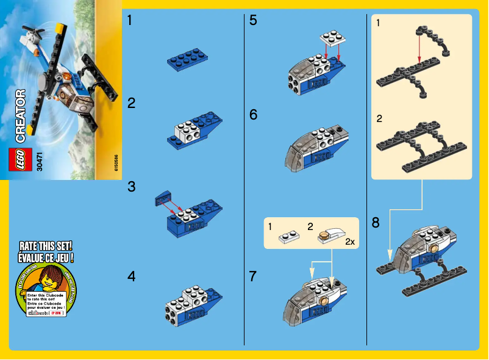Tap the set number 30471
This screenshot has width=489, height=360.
coord(40,160)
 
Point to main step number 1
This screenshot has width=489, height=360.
coord(130,21)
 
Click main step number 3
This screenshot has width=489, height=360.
coord(132,187)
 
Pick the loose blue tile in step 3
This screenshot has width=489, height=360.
coord(163,196)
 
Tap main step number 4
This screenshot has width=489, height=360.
coord(132,276)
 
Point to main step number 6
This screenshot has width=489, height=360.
coord(254,115)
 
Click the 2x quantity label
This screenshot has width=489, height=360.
coord(349,242)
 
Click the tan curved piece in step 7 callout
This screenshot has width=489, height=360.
coord(333,234)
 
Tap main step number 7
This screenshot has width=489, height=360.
coord(254,276)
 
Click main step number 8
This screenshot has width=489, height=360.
coord(376,223)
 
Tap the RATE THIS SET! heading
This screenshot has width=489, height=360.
coord(47,246)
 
